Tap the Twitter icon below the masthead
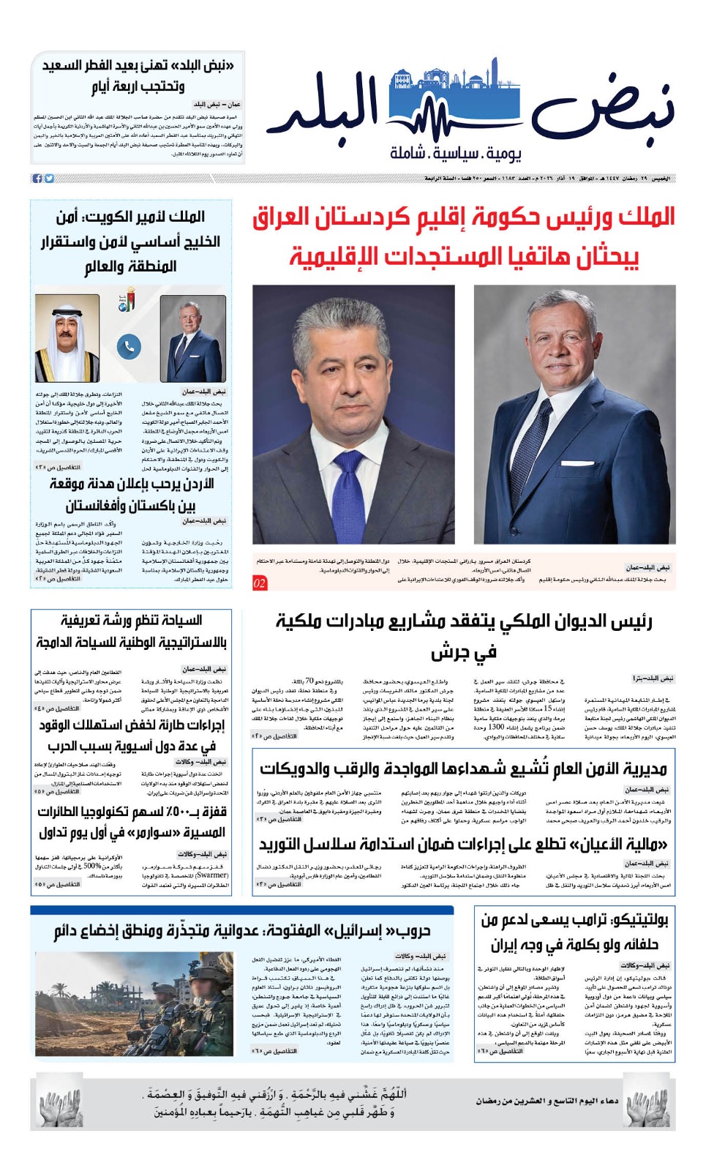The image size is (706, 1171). tap(50, 179)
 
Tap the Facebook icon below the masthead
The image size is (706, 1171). tap(38, 179)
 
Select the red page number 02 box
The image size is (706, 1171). tap(260, 583)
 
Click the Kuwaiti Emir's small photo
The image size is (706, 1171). tap(67, 337)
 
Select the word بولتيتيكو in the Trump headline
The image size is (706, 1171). tap(631, 920)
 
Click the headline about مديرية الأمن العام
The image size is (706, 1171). tap(464, 769)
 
